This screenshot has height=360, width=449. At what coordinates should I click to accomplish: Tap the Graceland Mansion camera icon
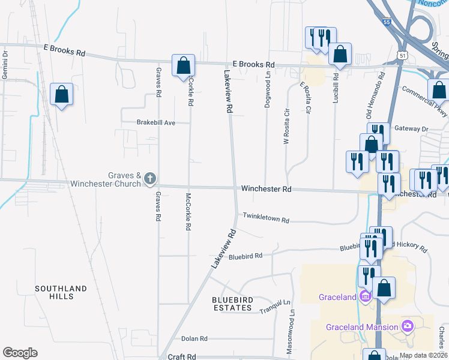point(408,326)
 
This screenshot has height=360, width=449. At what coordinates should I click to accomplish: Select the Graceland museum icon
point(364,296)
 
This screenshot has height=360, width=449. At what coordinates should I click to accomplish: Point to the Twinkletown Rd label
point(266,218)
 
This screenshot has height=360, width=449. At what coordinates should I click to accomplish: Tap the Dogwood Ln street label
point(268,89)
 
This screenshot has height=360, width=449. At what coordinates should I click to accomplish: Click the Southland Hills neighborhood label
point(61,292)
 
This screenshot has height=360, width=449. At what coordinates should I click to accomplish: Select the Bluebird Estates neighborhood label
point(232,304)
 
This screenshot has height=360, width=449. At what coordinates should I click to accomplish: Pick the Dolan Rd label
point(194,338)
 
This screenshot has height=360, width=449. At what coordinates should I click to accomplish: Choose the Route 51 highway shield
point(400,55)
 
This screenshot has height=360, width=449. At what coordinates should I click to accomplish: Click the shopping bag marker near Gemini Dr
point(61,94)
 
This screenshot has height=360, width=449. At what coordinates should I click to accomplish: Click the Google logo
point(20,353)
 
